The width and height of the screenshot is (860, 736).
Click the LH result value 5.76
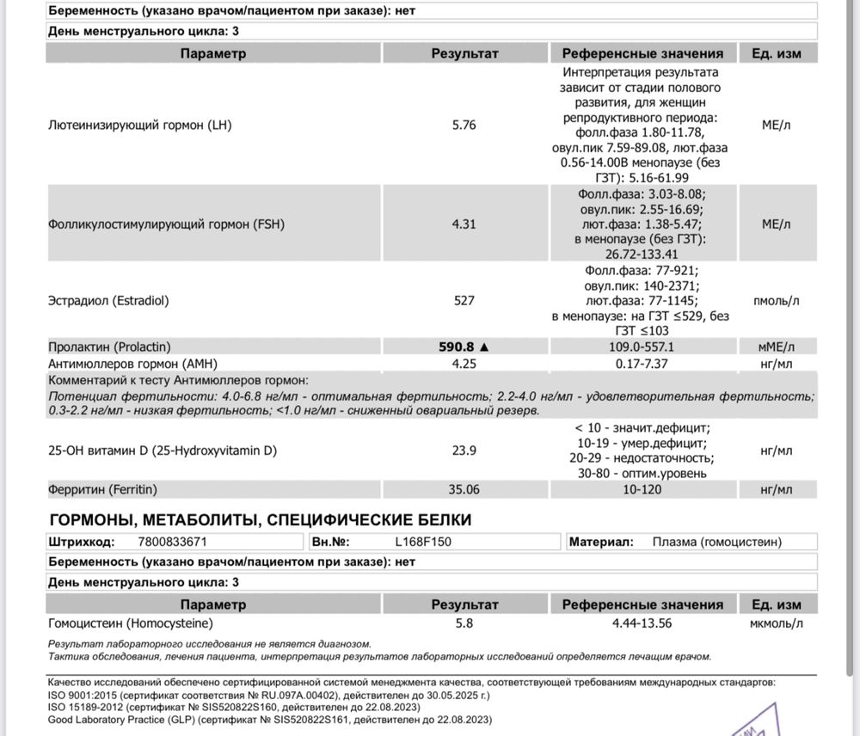[464, 125]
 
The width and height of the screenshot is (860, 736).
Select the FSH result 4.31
[464, 225]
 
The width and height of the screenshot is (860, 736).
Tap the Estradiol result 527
[464, 301]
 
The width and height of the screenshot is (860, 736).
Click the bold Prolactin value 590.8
[458, 347]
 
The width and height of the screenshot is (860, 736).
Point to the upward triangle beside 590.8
[484, 347]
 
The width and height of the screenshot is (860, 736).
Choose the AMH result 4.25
[464, 363]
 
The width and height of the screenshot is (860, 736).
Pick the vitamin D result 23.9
[464, 451]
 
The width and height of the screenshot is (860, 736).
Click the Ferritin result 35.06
[464, 490]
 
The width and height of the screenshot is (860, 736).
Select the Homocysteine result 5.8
[464, 623]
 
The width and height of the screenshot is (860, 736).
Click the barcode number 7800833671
[172, 543]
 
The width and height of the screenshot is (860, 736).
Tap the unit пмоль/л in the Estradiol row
[776, 301]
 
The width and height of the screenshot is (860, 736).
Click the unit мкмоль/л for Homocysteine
[776, 623]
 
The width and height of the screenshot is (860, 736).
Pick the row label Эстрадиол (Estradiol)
[108, 301]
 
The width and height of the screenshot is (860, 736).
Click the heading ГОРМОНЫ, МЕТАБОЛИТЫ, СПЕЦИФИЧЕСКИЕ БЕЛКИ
[261, 520]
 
